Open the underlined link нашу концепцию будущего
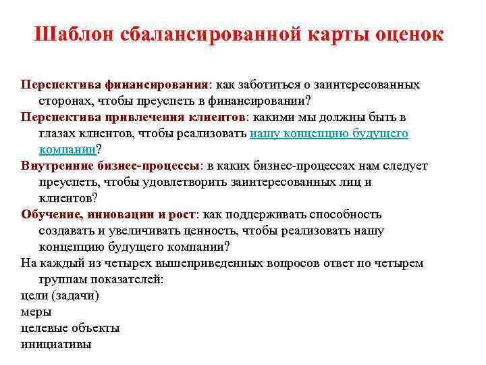pyautogui.click(x=329, y=133)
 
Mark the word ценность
pyautogui.click(x=209, y=230)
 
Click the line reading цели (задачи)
pyautogui.click(x=60, y=295)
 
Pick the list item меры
pyautogui.click(x=36, y=312)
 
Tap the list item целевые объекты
pyautogui.click(x=70, y=328)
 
